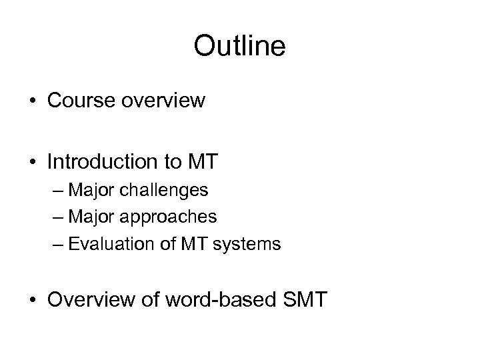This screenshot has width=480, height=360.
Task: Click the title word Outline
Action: pyautogui.click(x=239, y=47)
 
